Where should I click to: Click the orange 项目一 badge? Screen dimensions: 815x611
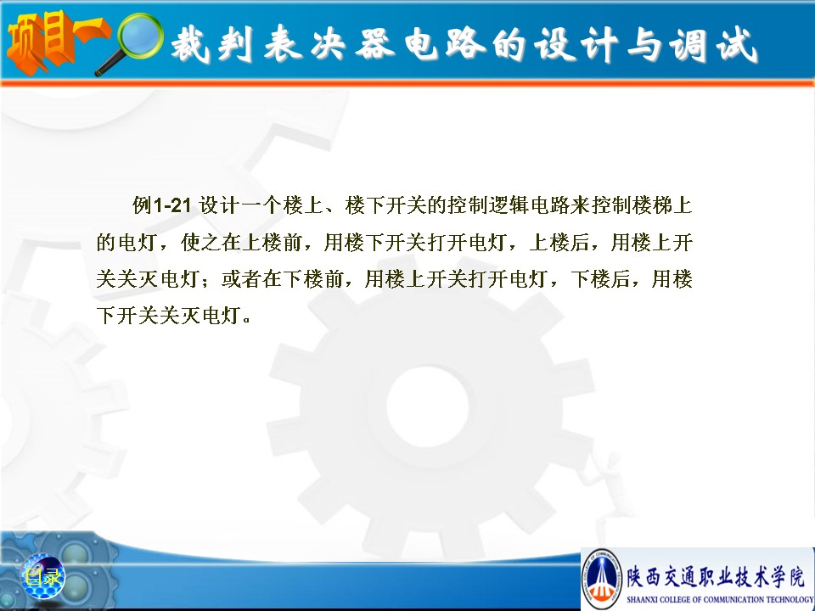click(54, 41)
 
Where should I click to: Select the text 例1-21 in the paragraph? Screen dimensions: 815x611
click(161, 205)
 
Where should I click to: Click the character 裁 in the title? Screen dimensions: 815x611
click(190, 43)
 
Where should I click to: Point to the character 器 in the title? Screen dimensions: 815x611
click(375, 43)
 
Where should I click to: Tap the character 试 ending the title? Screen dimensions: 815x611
click(737, 45)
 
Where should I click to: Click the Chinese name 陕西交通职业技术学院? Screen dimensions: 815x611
click(716, 577)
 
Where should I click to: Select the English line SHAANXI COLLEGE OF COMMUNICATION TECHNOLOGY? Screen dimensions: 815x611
click(721, 600)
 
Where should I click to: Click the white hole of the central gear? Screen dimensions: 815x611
click(427, 406)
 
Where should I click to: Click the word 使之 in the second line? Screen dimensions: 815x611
click(200, 243)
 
